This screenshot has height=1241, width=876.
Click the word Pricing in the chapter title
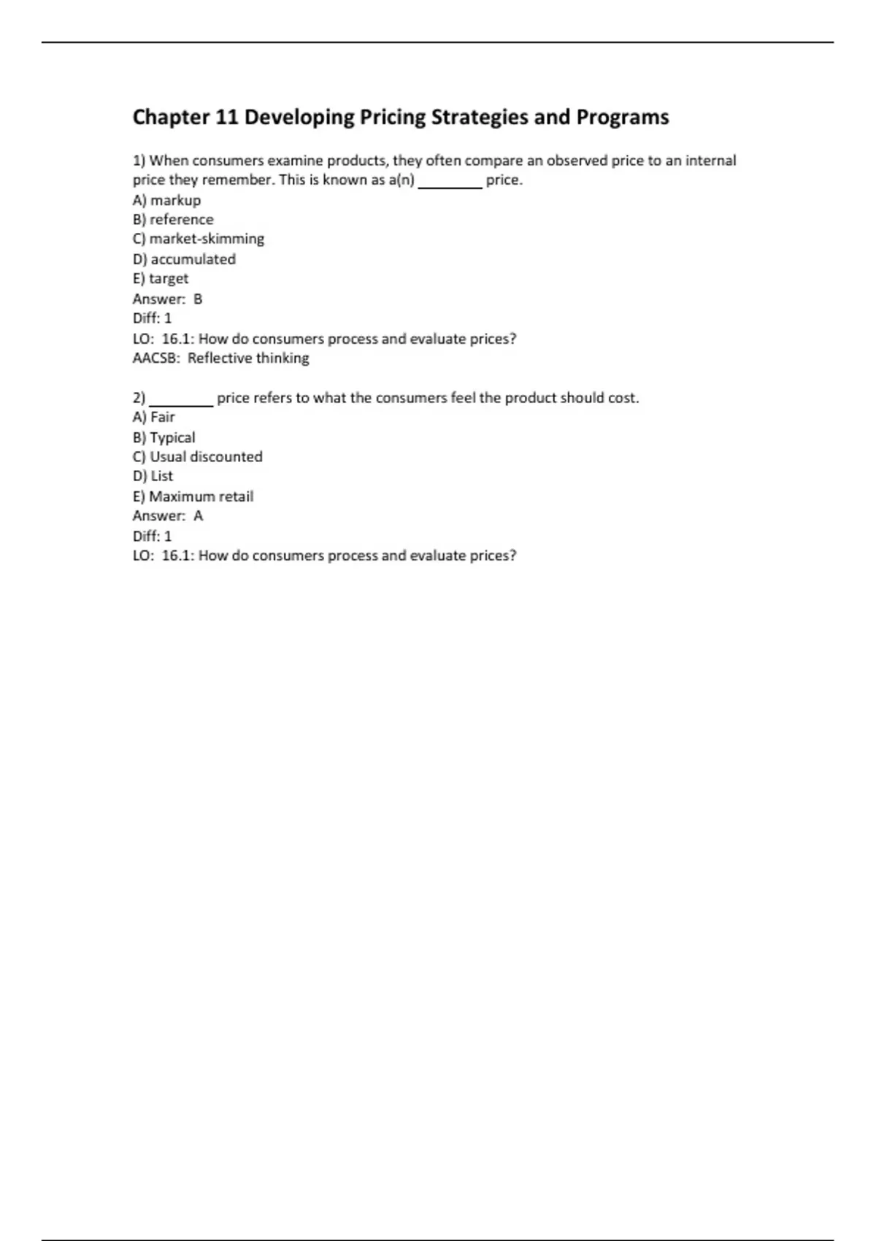click(392, 118)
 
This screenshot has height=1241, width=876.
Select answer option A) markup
click(166, 200)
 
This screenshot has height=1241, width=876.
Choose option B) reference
click(173, 219)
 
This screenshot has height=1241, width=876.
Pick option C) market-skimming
click(199, 239)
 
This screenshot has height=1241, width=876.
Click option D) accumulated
click(184, 259)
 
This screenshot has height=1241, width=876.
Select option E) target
click(161, 278)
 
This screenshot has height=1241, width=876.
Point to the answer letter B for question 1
click(198, 299)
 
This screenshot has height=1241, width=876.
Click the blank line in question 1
click(450, 186)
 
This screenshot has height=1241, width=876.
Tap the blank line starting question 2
click(181, 404)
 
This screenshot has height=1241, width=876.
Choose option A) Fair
click(154, 417)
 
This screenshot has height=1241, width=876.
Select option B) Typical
click(164, 437)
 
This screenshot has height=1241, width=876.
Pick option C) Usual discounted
click(198, 456)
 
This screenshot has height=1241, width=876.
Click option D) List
click(153, 476)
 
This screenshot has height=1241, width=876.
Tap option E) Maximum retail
click(193, 496)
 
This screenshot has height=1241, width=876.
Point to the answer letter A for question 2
click(198, 516)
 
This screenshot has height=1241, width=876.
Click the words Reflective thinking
click(248, 358)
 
